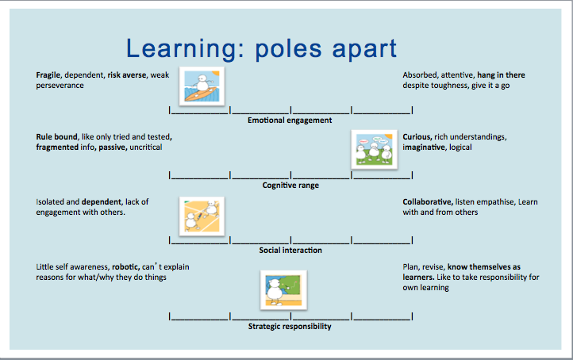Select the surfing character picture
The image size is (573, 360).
202,86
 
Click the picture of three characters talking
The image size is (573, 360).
375,149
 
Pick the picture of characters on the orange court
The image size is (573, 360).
202,216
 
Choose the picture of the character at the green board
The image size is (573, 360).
283,290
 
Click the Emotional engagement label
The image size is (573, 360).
290,121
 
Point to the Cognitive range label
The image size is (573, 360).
290,186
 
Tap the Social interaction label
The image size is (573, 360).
290,251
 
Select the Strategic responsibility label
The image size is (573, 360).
290,327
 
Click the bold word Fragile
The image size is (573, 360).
48,75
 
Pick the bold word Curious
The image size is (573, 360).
417,137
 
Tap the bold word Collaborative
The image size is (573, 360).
428,202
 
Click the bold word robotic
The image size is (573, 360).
125,267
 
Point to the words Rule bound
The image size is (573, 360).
57,137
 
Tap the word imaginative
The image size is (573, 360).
424,147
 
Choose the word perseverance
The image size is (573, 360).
60,86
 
